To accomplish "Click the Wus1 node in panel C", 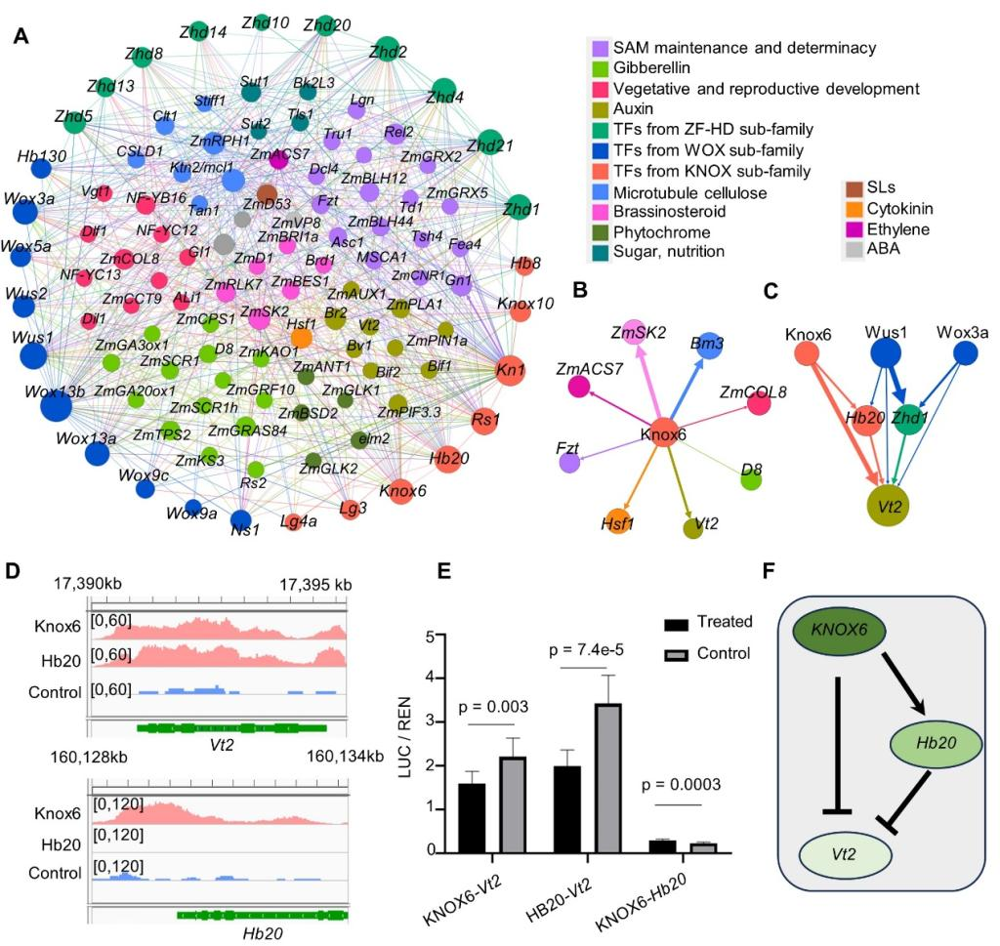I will (x=886, y=351).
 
